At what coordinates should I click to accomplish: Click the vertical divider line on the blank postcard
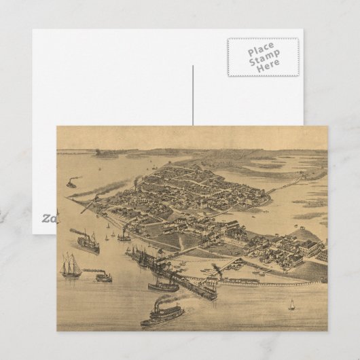click(x=193, y=95)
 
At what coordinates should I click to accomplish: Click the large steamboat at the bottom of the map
click(x=162, y=314)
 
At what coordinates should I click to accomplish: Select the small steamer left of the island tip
click(x=71, y=182)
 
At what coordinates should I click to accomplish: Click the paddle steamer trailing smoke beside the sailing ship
click(x=103, y=276)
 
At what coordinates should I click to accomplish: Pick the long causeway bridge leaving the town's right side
click(x=289, y=183)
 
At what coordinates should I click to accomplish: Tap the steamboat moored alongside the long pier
click(x=163, y=286)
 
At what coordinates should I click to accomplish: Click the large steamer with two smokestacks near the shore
click(x=87, y=240)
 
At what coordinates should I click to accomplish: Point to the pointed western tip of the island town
click(x=70, y=199)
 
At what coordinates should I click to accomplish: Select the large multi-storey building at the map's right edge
click(x=310, y=247)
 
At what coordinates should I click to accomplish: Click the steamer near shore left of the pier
click(x=124, y=236)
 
